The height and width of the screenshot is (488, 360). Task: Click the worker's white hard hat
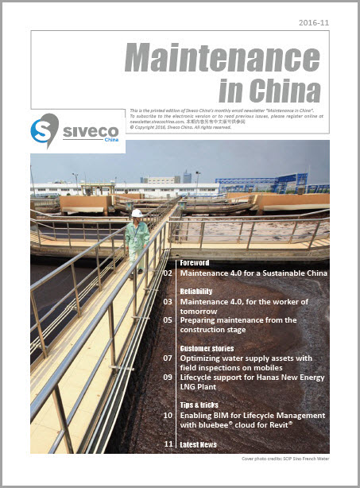[137, 213]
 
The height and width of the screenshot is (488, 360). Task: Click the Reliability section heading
[196, 292]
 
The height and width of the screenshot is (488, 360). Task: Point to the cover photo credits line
[285, 459]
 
